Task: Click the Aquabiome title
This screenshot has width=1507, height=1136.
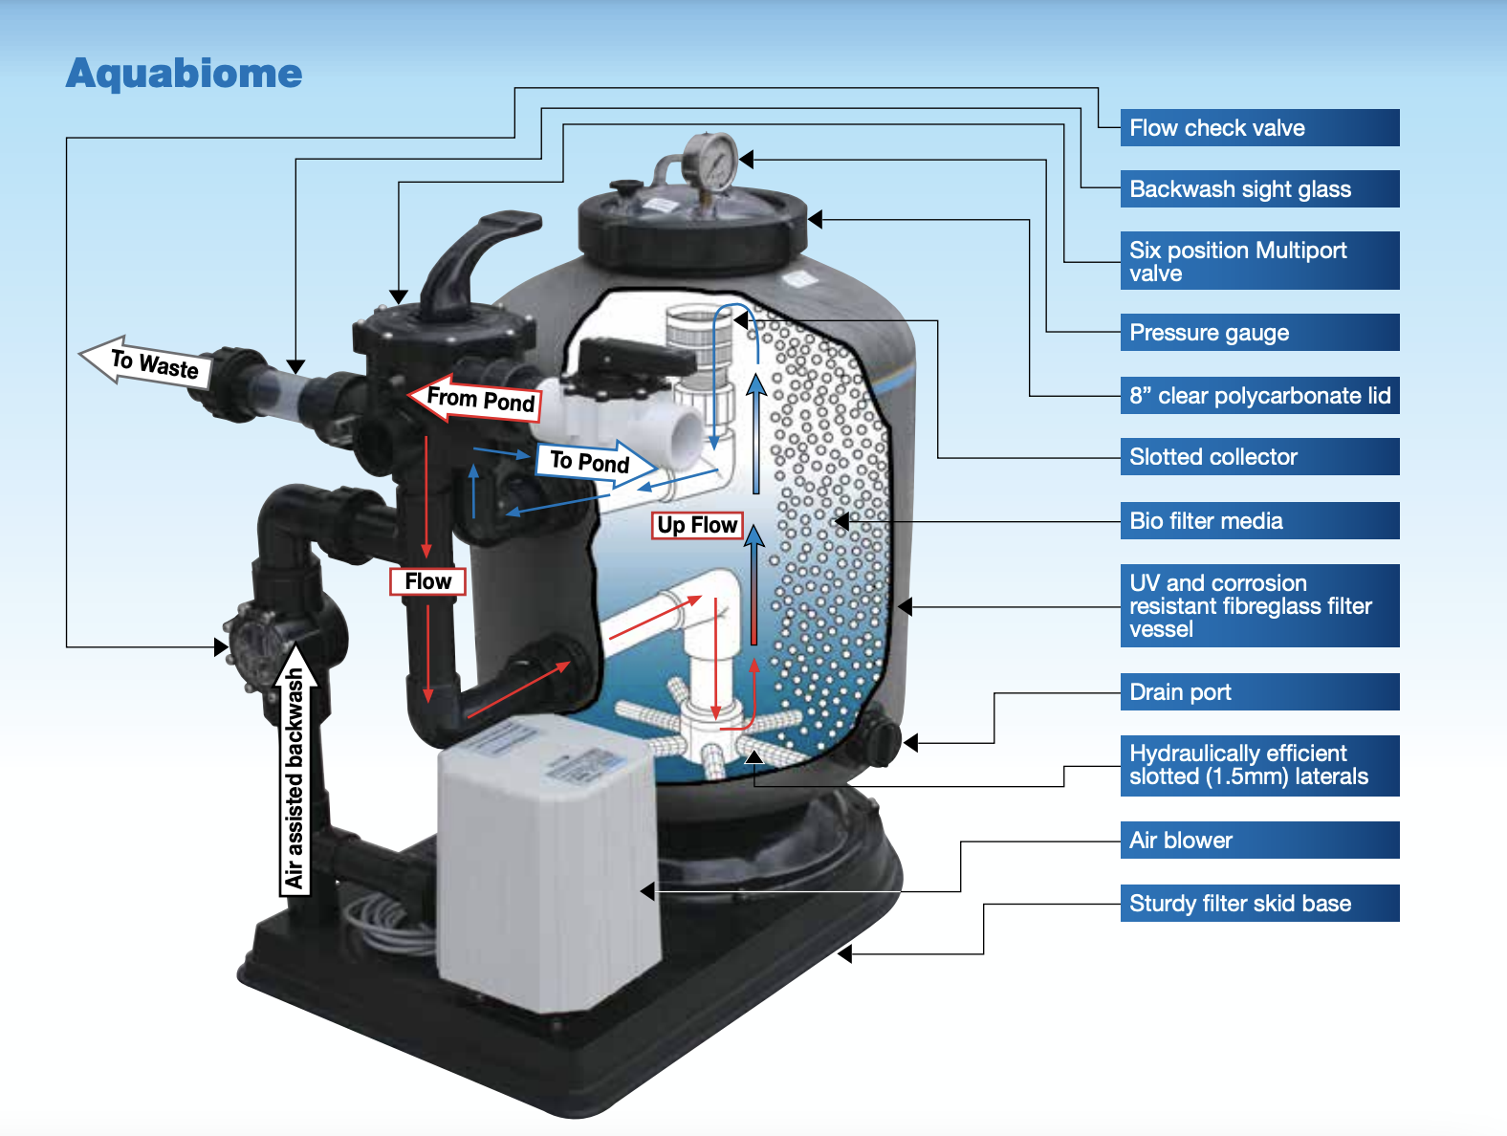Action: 184,74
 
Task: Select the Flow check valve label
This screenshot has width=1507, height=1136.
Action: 1258,128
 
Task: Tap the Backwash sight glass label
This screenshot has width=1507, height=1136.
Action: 1258,189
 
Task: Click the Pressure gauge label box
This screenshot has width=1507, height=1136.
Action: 1258,333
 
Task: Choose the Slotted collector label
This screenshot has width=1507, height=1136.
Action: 1258,457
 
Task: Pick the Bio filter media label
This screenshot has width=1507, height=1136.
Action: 1258,521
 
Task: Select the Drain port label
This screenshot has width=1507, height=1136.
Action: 1258,692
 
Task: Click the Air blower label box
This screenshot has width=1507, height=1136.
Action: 1258,841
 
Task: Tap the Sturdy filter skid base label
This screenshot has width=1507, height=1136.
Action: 1258,904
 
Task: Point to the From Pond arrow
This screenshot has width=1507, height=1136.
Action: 476,398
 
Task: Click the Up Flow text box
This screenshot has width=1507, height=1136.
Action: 697,525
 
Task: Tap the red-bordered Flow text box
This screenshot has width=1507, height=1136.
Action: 427,581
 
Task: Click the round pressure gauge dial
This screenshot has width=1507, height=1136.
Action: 711,162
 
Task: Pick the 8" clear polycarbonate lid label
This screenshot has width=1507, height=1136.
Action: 1258,396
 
